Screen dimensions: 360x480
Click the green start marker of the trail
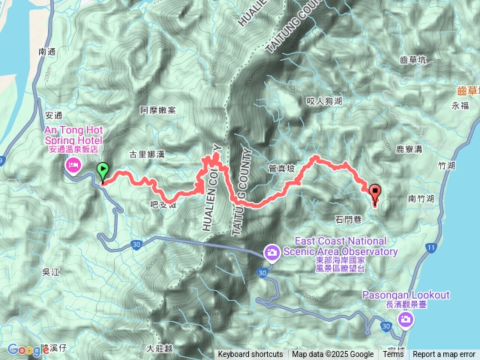tap(103, 172)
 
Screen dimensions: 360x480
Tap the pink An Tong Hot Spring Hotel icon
tap(73, 166)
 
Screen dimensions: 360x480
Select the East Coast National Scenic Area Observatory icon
tap(271, 252)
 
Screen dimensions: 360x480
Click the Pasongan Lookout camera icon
tap(406, 320)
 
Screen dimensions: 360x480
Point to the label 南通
tap(46, 52)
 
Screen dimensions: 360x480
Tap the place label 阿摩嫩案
tap(157, 110)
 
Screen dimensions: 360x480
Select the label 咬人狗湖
tap(324, 100)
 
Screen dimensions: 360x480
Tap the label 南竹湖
tap(422, 199)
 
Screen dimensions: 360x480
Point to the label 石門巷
tap(348, 218)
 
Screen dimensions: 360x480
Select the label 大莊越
tap(160, 348)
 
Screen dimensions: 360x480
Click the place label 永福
tap(460, 106)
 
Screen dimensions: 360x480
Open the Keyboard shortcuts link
tap(250, 355)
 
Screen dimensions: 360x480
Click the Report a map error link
tap(444, 355)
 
